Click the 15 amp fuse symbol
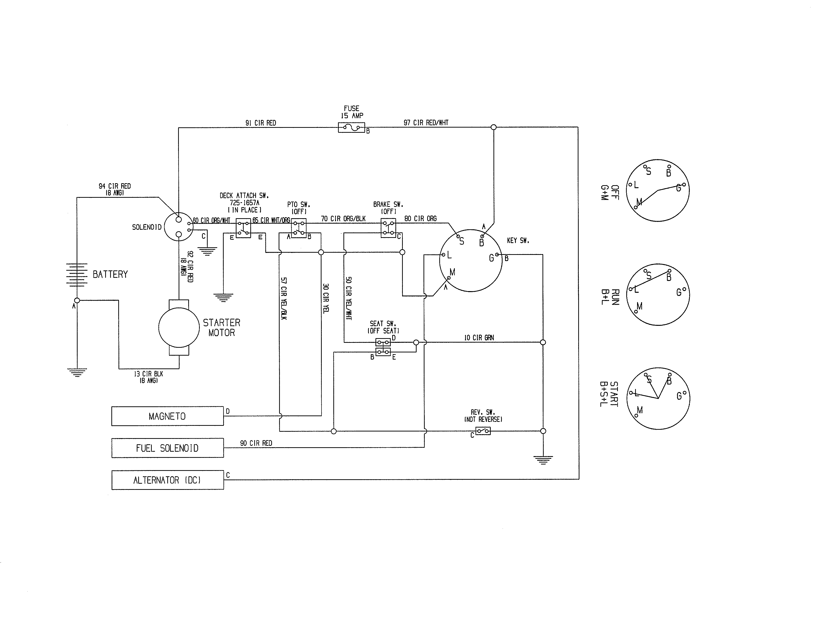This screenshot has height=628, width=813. click(x=351, y=128)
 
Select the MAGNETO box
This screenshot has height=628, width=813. click(x=168, y=416)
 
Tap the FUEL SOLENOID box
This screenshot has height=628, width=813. click(x=168, y=448)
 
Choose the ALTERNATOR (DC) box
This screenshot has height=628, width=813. click(x=168, y=480)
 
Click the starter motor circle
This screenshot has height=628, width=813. click(x=179, y=327)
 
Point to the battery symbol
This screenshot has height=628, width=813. click(x=77, y=275)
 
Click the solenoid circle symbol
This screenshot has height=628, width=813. click(x=179, y=227)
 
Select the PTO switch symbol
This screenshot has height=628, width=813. click(x=299, y=228)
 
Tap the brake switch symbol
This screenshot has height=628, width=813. click(x=388, y=228)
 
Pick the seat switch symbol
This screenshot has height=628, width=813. click(x=383, y=347)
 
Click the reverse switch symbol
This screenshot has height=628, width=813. click(x=483, y=431)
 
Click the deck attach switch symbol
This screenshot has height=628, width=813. click(x=243, y=228)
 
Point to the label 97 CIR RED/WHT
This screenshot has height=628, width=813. click(x=426, y=122)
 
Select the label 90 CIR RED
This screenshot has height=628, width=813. click(x=256, y=443)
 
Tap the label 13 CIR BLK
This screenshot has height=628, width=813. click(x=149, y=374)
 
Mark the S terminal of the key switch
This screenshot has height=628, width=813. click(x=458, y=236)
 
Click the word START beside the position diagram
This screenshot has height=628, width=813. click(x=614, y=394)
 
